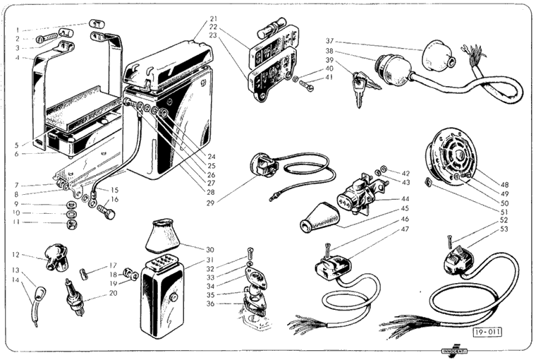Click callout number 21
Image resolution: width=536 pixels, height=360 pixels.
tap(214, 18)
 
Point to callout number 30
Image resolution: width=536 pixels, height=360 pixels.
tap(210, 249)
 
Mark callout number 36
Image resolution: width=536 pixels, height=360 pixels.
tap(210, 304)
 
